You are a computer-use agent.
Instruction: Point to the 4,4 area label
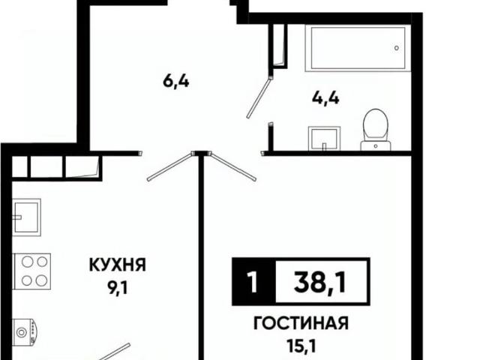(x=325, y=97)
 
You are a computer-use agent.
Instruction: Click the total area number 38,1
(x=316, y=282)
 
